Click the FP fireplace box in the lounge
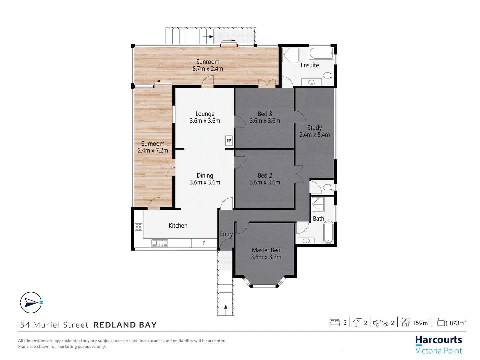click(229, 141)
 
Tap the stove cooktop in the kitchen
click(139, 227)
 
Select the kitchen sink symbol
click(160, 243)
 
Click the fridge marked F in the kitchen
click(204, 243)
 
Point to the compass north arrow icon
click(31, 303)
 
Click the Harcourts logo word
click(438, 340)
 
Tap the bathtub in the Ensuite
click(321, 53)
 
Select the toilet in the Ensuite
click(328, 75)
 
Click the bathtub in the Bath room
click(328, 232)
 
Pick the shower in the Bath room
click(318, 204)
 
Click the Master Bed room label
click(266, 250)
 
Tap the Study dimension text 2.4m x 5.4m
click(314, 135)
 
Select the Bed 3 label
click(265, 114)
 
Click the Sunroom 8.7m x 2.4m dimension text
click(208, 69)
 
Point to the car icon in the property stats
click(381, 323)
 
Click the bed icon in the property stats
click(334, 323)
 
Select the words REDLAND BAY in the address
click(125, 325)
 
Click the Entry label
click(226, 234)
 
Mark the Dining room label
click(205, 175)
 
